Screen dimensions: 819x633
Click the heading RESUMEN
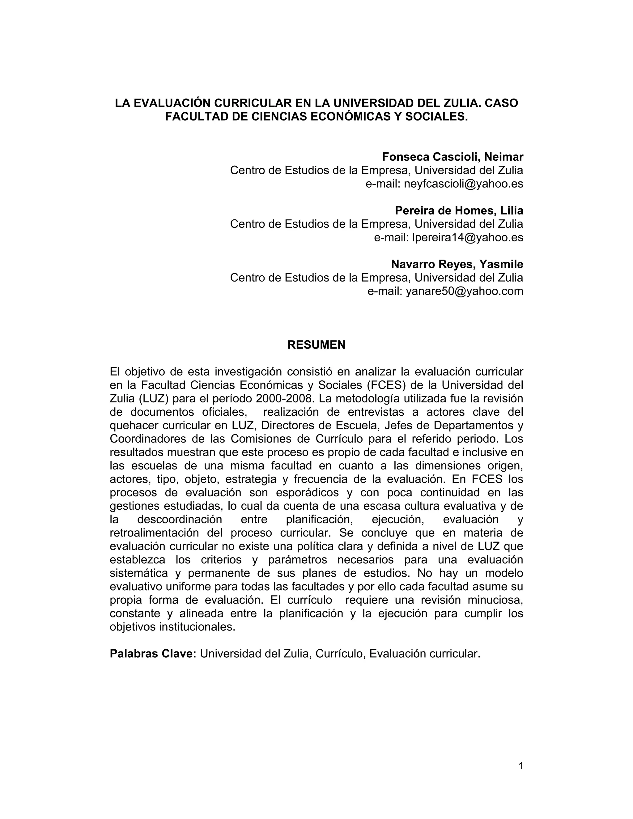coord(316,345)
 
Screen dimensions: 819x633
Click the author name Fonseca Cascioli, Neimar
coord(452,157)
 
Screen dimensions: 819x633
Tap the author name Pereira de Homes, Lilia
coord(459,211)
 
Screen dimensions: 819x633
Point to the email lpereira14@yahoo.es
coord(467,237)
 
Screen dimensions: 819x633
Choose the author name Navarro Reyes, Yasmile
coord(457,264)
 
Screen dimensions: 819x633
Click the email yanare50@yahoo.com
coord(464,291)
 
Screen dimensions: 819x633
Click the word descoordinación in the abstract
coord(180,520)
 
